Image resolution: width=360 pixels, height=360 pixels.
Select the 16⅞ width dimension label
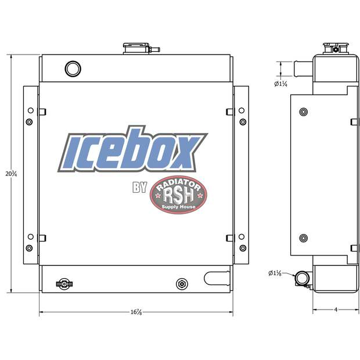[136, 312]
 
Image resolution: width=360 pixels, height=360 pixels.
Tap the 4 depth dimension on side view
[336, 309]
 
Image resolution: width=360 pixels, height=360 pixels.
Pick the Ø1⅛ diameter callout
[275, 272]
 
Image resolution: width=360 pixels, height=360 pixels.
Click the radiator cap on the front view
[135, 48]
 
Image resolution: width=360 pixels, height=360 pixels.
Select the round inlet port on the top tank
[73, 69]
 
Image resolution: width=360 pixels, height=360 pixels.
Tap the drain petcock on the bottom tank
[62, 283]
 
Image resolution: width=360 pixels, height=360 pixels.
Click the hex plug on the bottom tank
[182, 283]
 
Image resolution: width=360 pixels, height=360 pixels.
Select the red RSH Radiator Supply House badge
[178, 195]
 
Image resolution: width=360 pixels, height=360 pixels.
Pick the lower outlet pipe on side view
[301, 279]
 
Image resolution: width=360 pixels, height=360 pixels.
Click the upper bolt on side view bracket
[303, 111]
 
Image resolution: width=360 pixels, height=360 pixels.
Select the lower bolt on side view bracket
[303, 238]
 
